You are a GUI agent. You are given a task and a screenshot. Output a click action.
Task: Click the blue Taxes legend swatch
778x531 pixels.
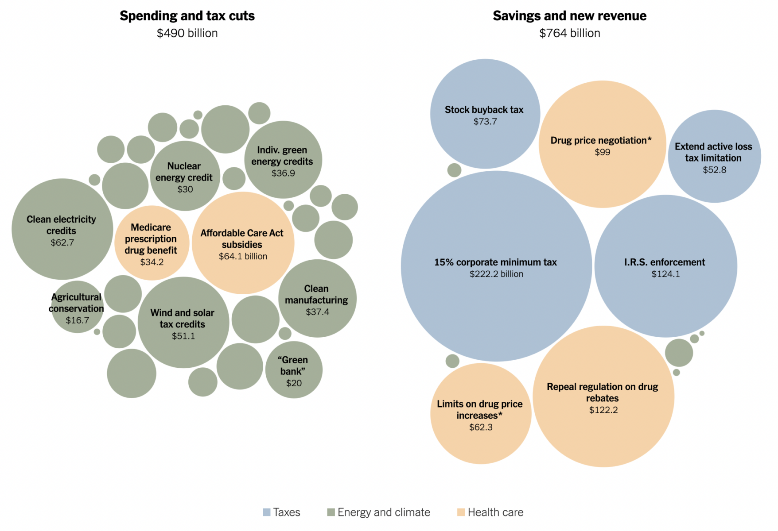266,512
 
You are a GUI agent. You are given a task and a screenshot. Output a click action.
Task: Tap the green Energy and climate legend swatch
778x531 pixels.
331,512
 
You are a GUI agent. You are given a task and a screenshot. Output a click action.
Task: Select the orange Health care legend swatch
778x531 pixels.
461,512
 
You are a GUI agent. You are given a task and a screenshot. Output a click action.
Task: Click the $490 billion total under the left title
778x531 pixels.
187,33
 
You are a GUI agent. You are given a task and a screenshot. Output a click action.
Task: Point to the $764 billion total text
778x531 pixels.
569,33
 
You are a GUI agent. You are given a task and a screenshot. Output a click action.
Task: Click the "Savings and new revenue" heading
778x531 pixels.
569,16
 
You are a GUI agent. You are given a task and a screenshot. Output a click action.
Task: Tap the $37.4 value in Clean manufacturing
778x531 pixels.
317,312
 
